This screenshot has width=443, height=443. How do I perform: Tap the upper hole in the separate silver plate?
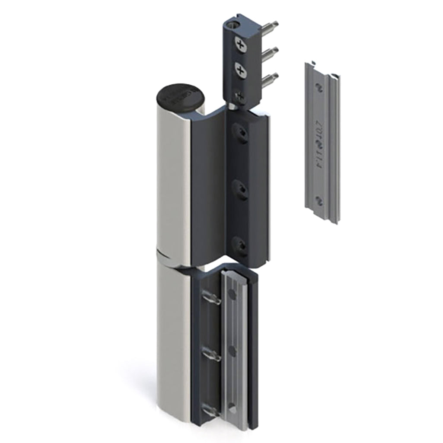click(x=319, y=88)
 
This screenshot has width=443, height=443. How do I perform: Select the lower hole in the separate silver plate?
click(x=319, y=200)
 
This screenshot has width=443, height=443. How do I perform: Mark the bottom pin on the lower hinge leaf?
click(x=211, y=411)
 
